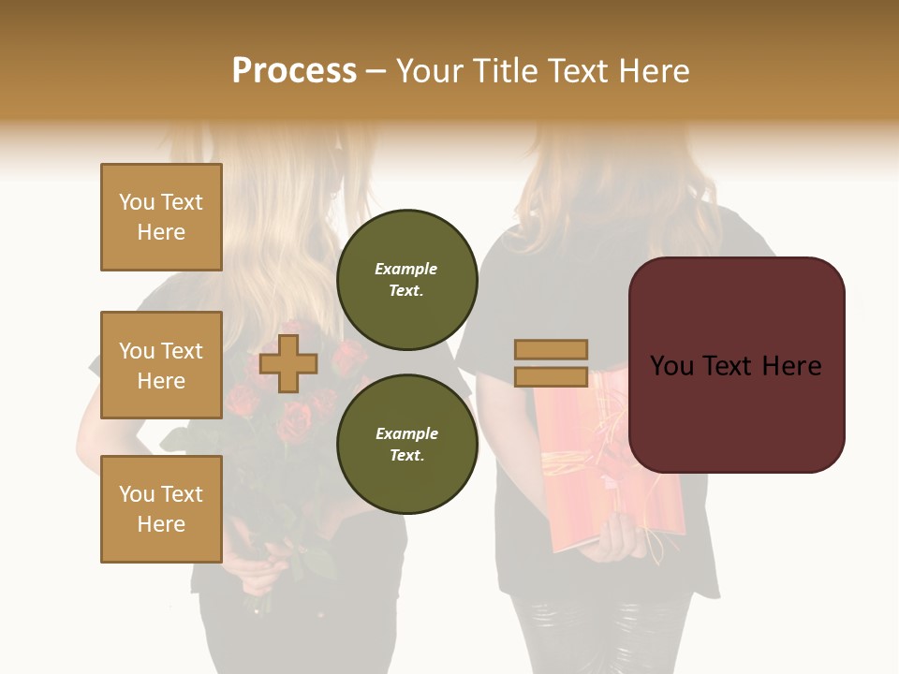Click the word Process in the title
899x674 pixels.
(x=294, y=71)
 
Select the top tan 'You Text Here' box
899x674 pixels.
(x=161, y=217)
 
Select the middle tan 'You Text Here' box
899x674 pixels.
(x=161, y=365)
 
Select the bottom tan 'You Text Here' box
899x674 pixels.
(x=161, y=508)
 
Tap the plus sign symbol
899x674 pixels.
(x=288, y=363)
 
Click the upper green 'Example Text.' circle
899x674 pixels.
(x=406, y=280)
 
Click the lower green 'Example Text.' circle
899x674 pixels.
(x=406, y=444)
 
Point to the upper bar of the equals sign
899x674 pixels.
(x=551, y=349)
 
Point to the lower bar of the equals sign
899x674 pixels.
(x=551, y=376)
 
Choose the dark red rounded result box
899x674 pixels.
(x=736, y=365)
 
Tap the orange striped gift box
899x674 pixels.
(x=581, y=468)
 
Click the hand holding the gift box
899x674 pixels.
(x=623, y=538)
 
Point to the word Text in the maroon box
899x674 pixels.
(x=736, y=366)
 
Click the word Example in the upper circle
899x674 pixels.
(x=406, y=269)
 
